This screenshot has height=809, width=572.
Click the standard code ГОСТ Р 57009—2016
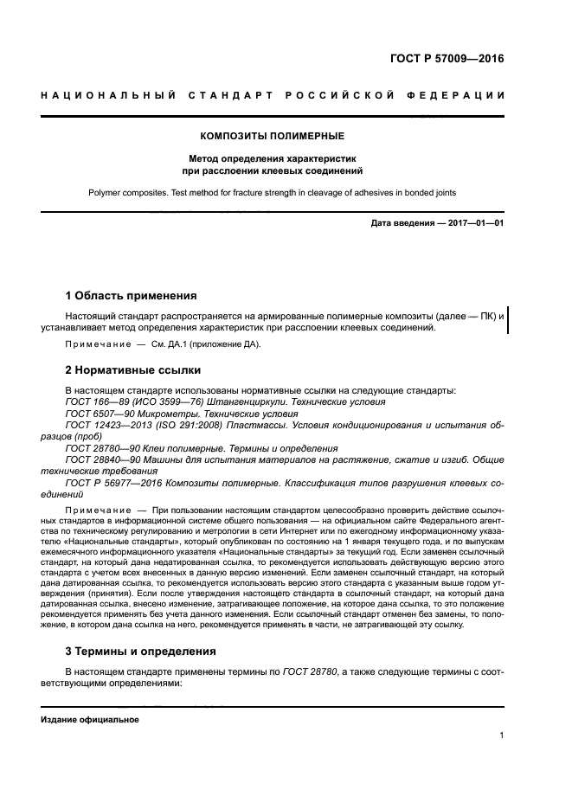[x=447, y=60]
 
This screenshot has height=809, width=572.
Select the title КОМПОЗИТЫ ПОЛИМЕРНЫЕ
[x=273, y=136]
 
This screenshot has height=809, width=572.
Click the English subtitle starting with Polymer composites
[x=273, y=192]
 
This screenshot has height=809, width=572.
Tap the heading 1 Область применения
[x=132, y=295]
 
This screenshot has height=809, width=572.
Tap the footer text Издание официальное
[x=90, y=720]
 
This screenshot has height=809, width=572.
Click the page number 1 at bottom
[x=501, y=735]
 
